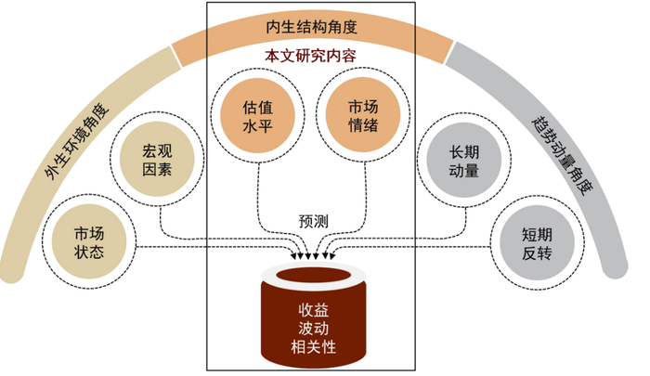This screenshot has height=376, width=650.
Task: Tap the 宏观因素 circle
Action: click(157, 160)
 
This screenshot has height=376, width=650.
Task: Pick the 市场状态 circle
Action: click(89, 240)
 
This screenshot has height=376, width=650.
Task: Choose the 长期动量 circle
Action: click(463, 160)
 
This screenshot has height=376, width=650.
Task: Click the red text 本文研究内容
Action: click(310, 57)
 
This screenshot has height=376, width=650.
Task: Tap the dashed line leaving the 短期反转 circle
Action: click(418, 247)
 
